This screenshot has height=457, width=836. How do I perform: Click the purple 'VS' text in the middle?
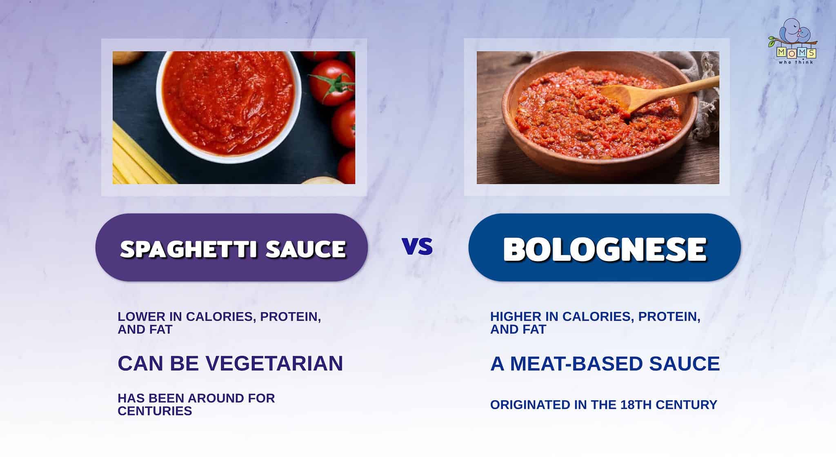pos(417,246)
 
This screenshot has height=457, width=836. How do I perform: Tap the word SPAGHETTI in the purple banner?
pos(188,249)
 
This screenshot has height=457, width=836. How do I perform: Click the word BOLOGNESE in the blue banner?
pos(605,248)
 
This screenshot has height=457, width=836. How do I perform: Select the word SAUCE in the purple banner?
pos(306,249)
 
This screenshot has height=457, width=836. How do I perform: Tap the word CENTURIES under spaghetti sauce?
pos(155,411)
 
